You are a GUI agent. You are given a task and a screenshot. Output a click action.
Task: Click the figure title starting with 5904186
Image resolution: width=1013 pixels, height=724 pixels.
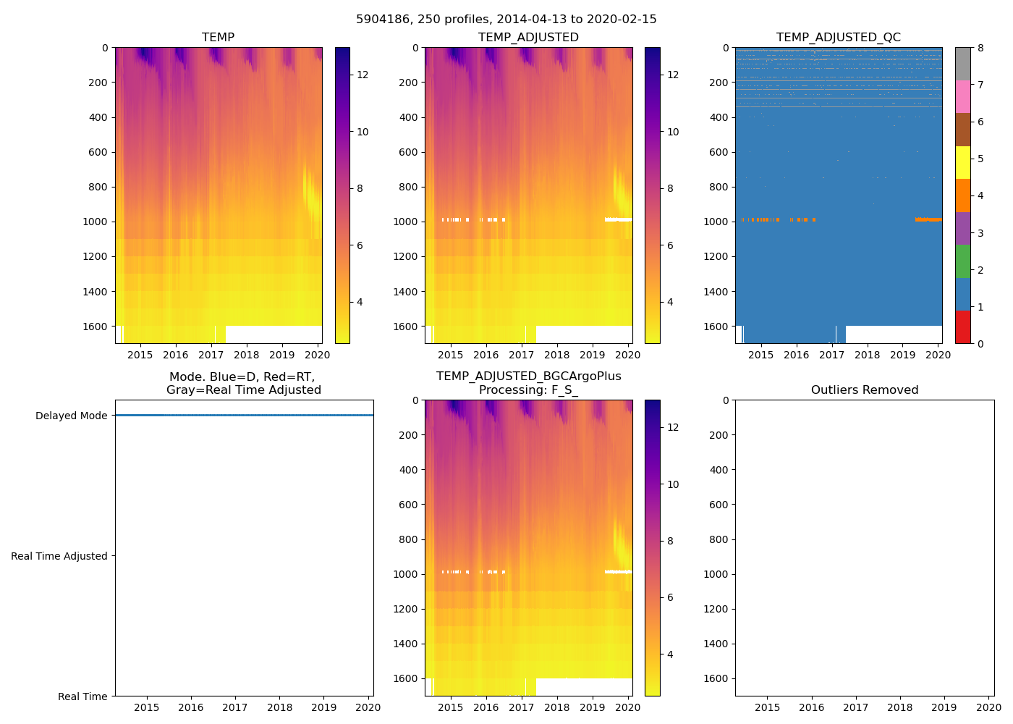(x=506, y=20)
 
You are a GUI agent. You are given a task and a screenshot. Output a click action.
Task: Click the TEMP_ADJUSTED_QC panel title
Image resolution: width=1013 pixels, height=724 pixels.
(x=838, y=38)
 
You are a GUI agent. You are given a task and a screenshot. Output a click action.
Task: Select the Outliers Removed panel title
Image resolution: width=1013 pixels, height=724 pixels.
(x=864, y=390)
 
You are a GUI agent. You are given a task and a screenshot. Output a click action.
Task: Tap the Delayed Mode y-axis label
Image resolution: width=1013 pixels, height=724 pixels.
(x=71, y=416)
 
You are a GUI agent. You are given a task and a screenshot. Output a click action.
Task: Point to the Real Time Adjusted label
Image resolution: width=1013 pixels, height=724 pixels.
(x=59, y=556)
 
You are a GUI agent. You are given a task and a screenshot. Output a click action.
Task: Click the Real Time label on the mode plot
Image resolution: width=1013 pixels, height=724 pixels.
(x=82, y=696)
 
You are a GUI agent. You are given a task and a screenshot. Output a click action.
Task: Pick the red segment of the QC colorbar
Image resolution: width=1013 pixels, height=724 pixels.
(x=962, y=327)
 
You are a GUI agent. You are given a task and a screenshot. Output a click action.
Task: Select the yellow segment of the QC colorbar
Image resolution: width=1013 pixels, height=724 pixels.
(x=962, y=162)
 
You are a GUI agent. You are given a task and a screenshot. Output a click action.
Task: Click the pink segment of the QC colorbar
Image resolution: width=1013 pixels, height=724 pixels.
(x=962, y=96)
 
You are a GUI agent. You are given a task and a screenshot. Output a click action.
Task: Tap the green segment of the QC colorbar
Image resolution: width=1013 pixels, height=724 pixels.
(x=962, y=261)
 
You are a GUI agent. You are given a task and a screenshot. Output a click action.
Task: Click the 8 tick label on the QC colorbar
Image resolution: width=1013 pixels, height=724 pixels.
(x=980, y=49)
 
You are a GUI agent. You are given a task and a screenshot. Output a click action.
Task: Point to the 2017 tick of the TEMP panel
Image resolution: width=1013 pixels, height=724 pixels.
(x=211, y=355)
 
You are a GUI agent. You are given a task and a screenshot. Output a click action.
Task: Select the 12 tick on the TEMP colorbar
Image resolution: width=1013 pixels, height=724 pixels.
(x=363, y=75)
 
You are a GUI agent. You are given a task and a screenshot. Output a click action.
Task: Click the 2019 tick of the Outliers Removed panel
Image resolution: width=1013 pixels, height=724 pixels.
(x=944, y=707)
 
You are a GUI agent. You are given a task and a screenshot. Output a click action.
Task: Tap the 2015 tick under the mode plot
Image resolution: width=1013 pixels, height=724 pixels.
(x=146, y=707)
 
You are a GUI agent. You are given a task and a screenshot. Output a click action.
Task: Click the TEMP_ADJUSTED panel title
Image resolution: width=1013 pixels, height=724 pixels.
(x=528, y=38)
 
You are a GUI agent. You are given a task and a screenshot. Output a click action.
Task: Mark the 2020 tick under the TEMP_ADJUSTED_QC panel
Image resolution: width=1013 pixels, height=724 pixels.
(x=938, y=355)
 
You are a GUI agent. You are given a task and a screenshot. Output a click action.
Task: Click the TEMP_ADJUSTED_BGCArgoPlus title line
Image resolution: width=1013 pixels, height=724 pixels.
(x=528, y=376)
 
